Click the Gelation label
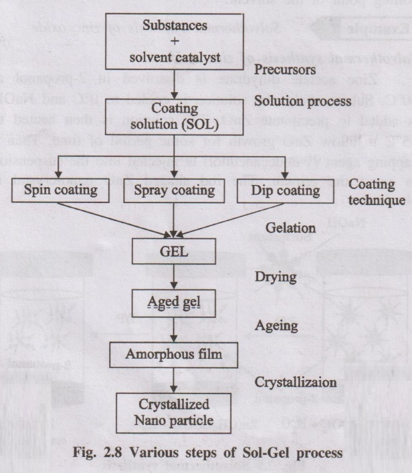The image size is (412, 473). [x=290, y=227]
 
